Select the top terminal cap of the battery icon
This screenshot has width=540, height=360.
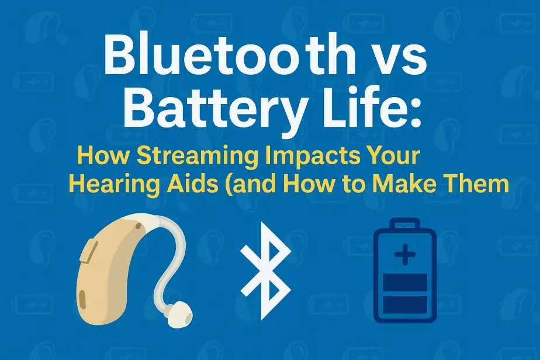tap(404, 223)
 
